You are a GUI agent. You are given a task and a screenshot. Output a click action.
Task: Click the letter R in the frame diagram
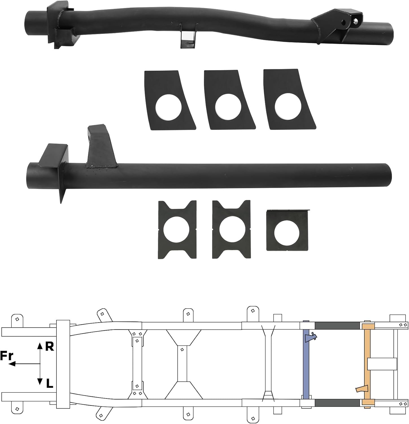point(49,346)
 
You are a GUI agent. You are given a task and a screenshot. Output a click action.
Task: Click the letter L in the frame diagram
point(49,384)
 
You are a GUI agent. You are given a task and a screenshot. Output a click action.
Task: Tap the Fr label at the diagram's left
point(7,356)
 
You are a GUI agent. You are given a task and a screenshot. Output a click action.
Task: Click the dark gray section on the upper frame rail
point(337,326)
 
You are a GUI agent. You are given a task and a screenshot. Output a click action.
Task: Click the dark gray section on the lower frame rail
point(337,403)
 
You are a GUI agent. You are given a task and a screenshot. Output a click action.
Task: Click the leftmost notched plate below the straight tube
point(177,230)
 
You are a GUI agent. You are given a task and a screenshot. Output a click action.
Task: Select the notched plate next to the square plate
point(231,230)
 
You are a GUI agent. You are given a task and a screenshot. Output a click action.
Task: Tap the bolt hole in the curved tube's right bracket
point(355,21)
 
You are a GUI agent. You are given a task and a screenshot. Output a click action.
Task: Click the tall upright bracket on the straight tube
point(100,147)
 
